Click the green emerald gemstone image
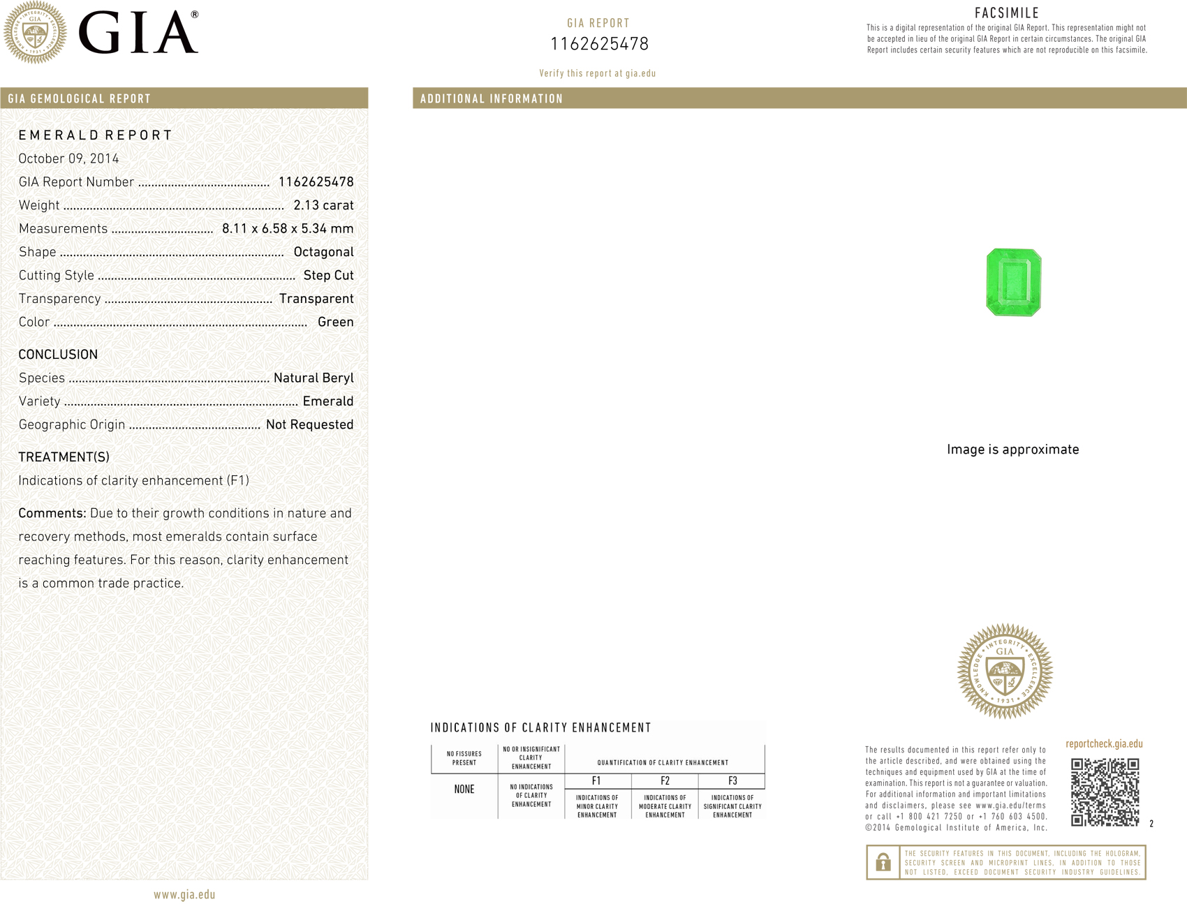[x=1013, y=282]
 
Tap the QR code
[x=1105, y=792]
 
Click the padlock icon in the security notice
[x=883, y=862]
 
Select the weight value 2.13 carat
[x=323, y=205]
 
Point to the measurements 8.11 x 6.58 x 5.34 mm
[x=288, y=229]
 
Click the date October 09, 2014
[x=68, y=158]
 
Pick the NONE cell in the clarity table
[x=464, y=790]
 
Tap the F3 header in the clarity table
[x=732, y=781]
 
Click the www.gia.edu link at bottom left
[x=184, y=894]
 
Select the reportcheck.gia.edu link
[x=1104, y=744]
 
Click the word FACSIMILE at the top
[x=1007, y=13]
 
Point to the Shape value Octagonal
[x=323, y=252]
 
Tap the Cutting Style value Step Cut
[x=328, y=276]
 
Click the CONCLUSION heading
[x=58, y=355]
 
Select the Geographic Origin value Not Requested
[x=309, y=424]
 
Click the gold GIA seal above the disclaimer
[x=1005, y=672]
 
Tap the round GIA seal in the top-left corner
[x=35, y=32]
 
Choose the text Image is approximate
[x=1012, y=450]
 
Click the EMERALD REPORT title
[x=95, y=135]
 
